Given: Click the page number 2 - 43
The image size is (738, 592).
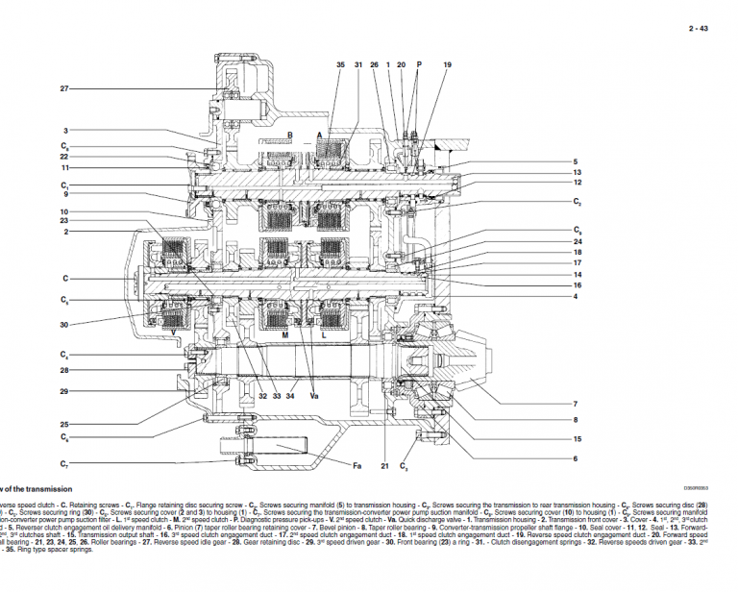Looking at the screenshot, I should point(698,29).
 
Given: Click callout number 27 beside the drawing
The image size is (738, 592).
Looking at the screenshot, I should point(64,88).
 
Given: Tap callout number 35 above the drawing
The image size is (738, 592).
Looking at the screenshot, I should point(339,63).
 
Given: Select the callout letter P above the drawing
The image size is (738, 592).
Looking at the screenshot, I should point(419,63).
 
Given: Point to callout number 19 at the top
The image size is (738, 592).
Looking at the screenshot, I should point(447,63).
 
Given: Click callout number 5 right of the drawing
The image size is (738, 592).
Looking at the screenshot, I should point(575,161).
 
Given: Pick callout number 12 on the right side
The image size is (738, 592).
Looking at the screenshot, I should point(578,182).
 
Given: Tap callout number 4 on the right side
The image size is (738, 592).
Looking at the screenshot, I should point(575,296).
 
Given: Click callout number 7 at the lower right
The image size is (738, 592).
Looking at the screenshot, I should point(575,404).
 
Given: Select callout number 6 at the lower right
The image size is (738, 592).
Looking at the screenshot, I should point(575,458).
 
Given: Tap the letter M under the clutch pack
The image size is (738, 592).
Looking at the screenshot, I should point(285,335).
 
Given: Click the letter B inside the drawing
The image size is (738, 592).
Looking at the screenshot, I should point(289,135).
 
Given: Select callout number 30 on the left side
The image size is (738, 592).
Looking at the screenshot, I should point(64,325).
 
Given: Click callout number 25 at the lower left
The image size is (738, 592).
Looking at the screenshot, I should point(64,424).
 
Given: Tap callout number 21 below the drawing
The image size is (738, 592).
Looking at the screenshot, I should point(383,466).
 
